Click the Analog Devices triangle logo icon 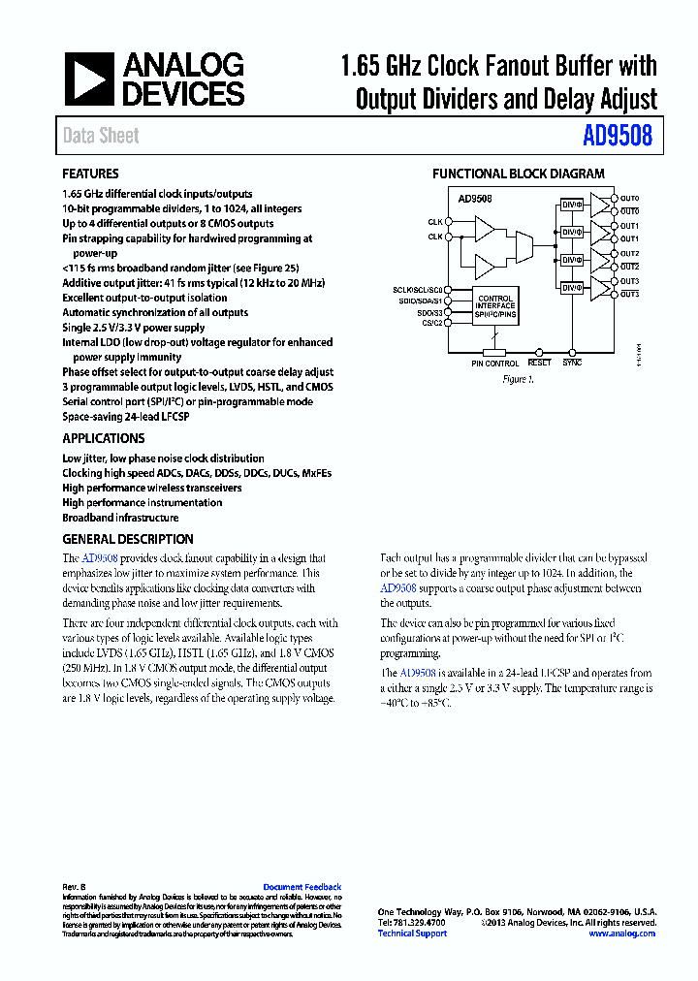pos(89,79)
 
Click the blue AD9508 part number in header pos(618,136)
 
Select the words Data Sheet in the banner pos(101,136)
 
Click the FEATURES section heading pos(90,174)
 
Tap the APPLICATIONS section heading pos(103,438)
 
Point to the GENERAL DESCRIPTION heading pos(128,539)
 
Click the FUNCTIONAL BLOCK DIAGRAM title pos(518,174)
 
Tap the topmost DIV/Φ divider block pos(571,205)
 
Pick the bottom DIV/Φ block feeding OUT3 pos(571,288)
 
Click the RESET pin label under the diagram pos(540,363)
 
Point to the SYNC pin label pos(572,363)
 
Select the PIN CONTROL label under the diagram pos(495,364)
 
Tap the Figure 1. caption pos(518,379)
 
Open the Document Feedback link pos(302,887)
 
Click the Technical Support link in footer pos(412,934)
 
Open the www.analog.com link pos(621,934)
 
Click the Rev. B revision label pos(75,887)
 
